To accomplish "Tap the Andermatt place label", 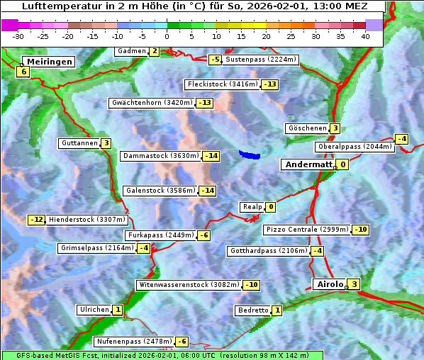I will click(308, 164).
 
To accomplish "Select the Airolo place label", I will click(329, 284).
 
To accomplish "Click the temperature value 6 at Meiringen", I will click(23, 72).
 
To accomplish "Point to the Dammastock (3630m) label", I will click(160, 156).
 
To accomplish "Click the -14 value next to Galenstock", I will click(207, 191).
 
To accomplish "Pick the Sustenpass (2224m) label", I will click(255, 60).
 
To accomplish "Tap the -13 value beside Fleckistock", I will click(269, 84).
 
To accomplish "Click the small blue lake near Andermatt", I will click(250, 154).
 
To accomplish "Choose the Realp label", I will click(252, 207).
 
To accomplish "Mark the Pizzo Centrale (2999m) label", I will click(306, 230).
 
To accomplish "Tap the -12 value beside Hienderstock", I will click(37, 220).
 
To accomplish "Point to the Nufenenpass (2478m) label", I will click(134, 342).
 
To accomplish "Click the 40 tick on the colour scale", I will click(365, 35).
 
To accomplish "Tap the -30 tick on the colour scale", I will click(18, 35).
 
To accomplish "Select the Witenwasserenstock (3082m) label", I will click(188, 285).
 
